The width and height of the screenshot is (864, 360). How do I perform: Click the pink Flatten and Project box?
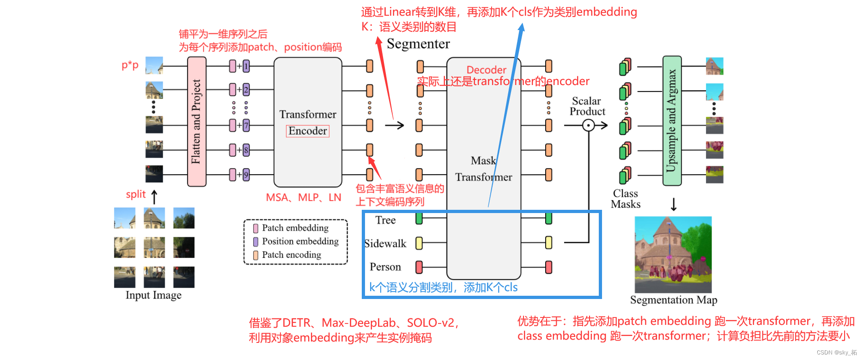coord(196,122)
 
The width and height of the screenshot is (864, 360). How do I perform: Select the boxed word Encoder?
coord(308,131)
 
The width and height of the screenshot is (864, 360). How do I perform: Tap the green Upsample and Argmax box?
coord(672,121)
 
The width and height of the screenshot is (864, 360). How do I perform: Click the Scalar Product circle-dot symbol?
coord(588,125)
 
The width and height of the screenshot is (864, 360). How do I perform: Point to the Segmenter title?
coord(418,44)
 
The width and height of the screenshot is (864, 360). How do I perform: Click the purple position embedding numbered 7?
coord(246,125)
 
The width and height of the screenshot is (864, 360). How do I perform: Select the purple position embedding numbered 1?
coord(246,67)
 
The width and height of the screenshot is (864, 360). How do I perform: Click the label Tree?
coord(385,220)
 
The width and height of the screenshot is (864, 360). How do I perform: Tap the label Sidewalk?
coord(385,244)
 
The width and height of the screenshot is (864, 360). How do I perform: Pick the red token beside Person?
coord(419,267)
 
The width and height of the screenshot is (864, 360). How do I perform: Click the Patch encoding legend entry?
coord(291,255)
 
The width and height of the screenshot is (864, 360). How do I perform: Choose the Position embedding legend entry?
coord(300,242)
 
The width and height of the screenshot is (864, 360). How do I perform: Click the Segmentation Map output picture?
coord(673,255)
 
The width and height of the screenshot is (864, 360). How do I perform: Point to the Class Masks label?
coord(626,199)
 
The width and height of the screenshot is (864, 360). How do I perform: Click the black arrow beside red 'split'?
coord(154,196)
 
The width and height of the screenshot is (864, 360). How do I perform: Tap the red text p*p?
coord(130,65)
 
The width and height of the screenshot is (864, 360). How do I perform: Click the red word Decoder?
coord(486,70)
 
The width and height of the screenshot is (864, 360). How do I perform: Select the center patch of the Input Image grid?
coord(154,247)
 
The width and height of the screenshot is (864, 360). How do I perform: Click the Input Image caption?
coord(153,295)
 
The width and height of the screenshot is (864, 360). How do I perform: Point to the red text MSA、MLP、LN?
coord(303,198)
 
